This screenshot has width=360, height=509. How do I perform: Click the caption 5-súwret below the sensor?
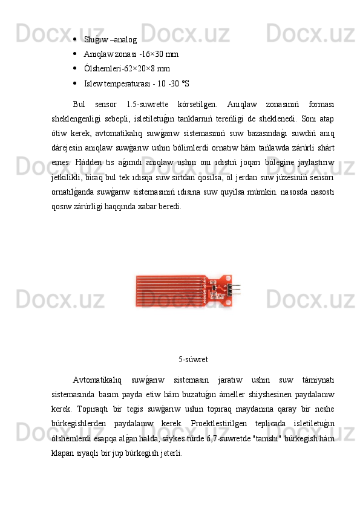(194, 360)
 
